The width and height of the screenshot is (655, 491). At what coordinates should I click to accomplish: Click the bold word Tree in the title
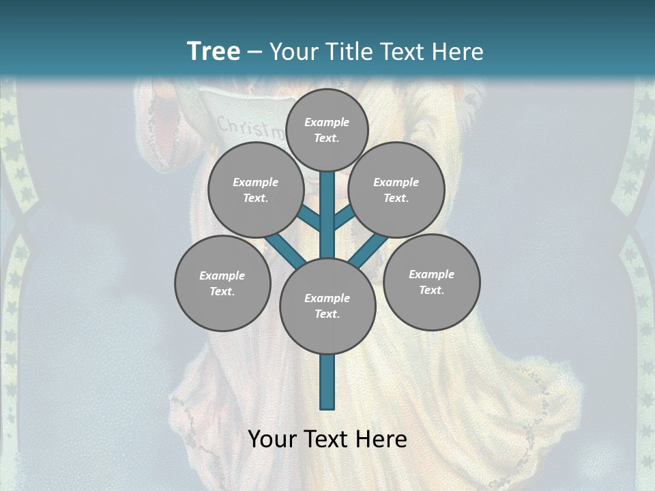click(214, 51)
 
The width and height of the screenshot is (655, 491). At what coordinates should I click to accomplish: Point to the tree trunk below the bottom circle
click(327, 382)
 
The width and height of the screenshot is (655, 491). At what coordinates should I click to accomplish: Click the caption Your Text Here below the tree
click(327, 439)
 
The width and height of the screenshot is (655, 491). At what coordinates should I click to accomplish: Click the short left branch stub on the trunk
click(309, 219)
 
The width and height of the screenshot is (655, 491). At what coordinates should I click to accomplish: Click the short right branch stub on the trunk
click(344, 215)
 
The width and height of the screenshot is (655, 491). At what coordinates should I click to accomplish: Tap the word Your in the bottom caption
click(274, 439)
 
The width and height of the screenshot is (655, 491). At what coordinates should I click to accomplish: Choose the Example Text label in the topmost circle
click(327, 130)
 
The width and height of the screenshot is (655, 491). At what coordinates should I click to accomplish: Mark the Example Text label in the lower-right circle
click(431, 282)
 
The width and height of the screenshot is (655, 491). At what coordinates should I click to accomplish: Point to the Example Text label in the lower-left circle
click(222, 284)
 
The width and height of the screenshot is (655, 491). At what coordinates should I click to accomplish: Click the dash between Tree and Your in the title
click(255, 52)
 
